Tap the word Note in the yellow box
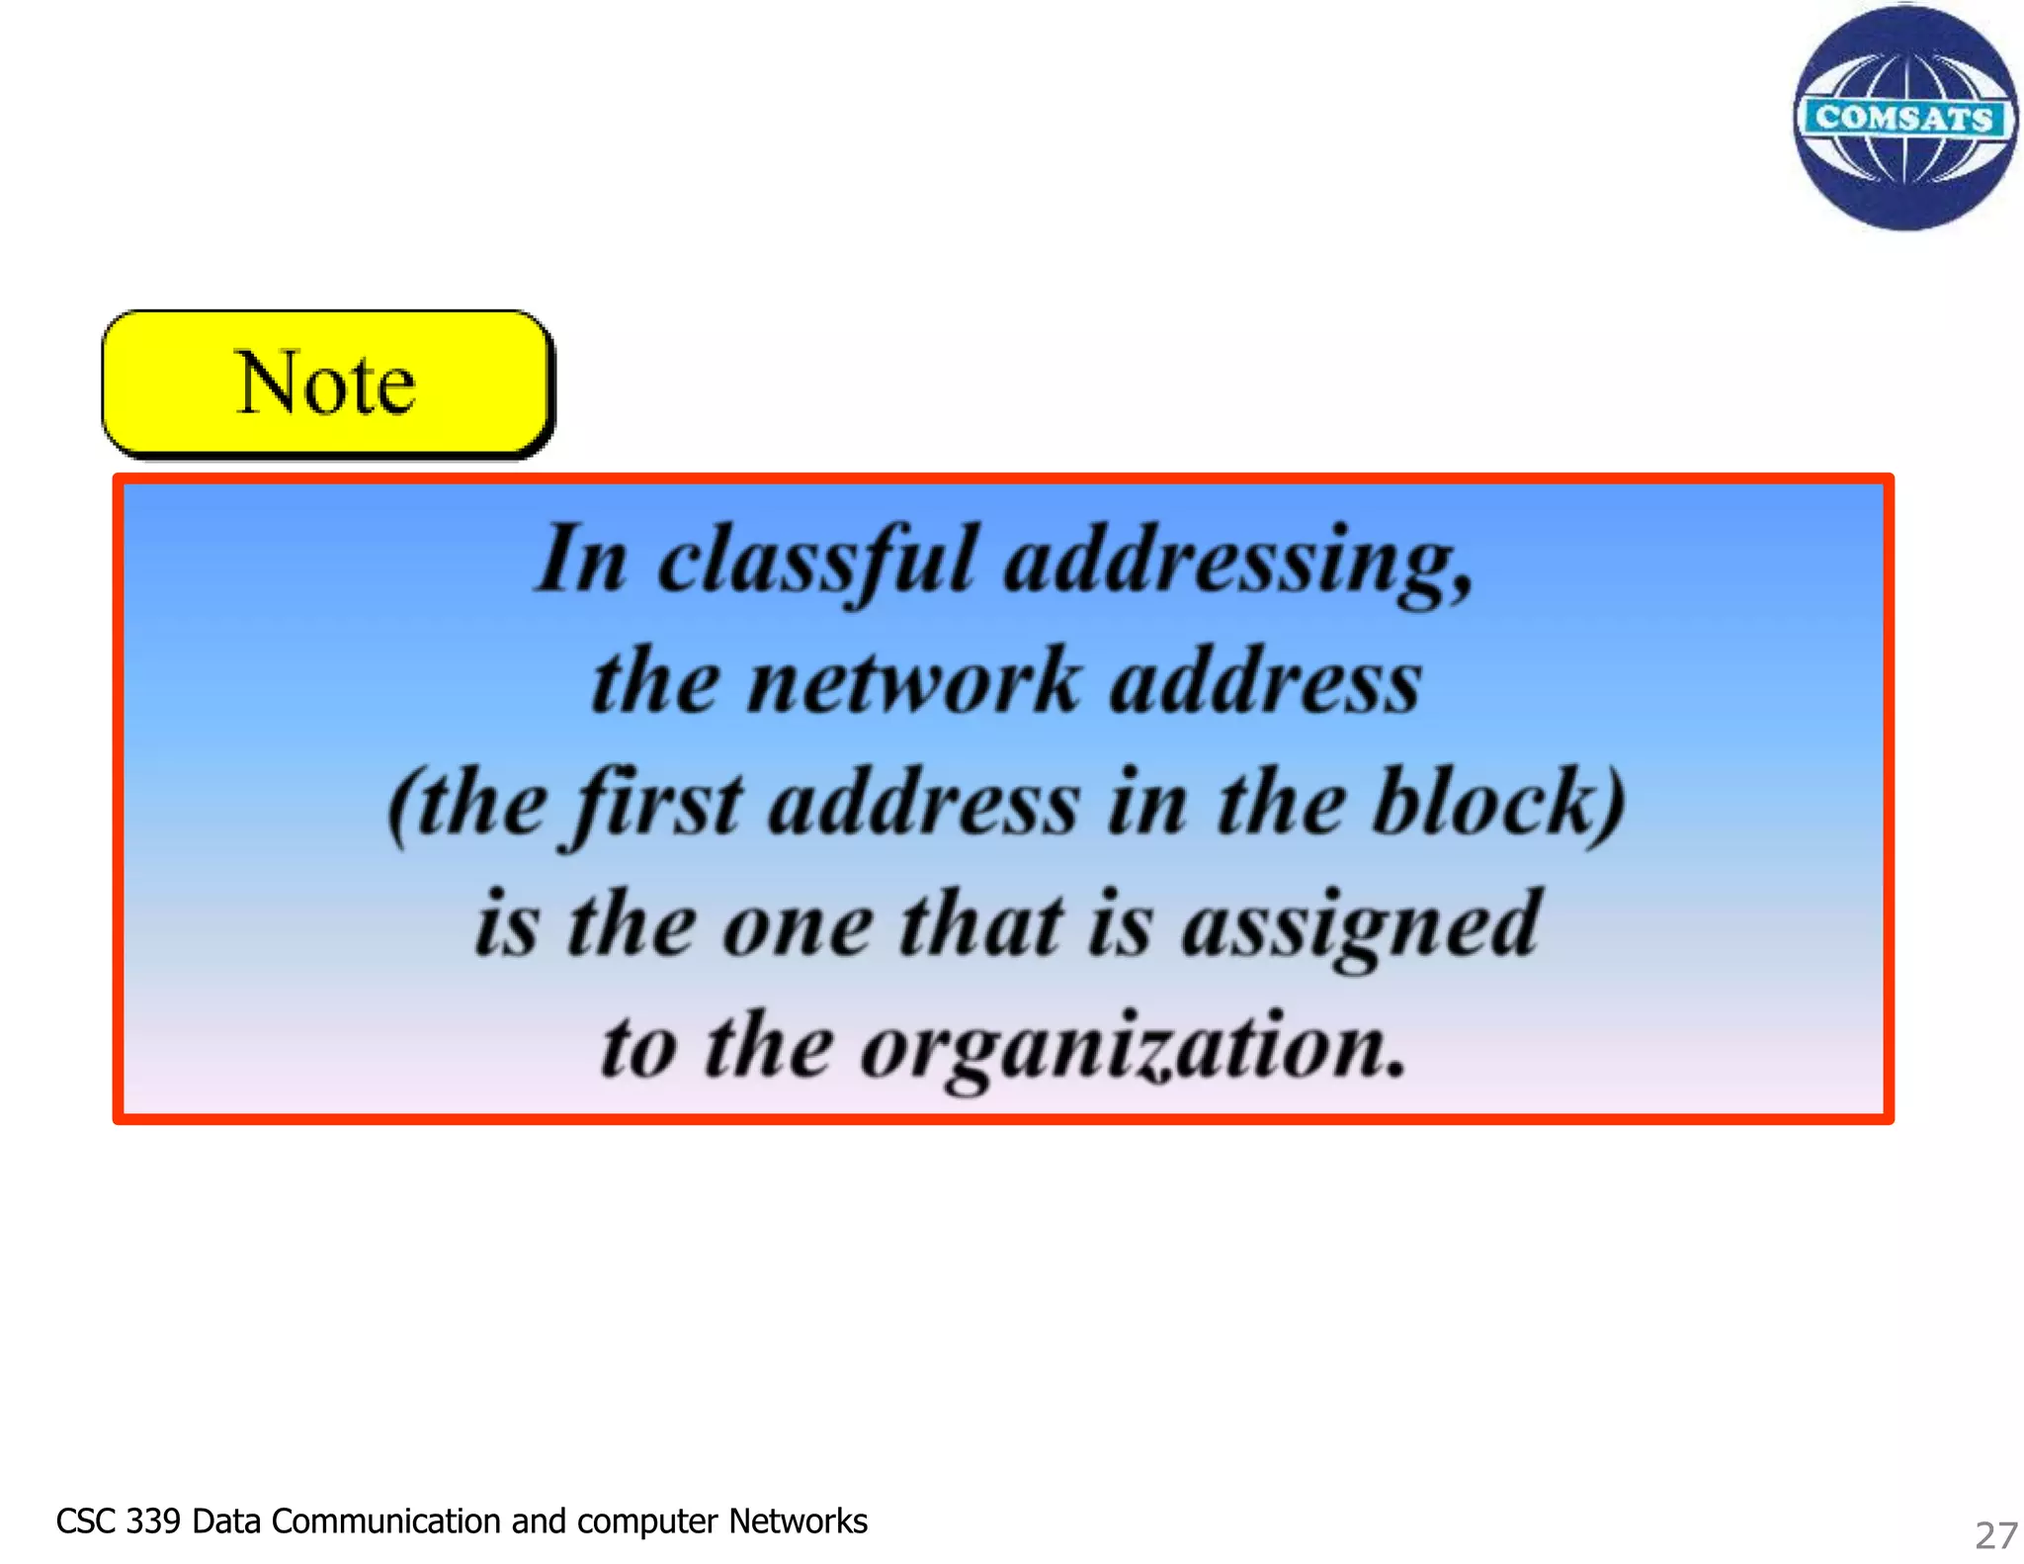(326, 384)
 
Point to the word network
(914, 682)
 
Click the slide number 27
(1995, 1534)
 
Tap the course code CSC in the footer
(86, 1521)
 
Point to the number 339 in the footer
(153, 1521)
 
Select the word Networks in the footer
(798, 1521)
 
